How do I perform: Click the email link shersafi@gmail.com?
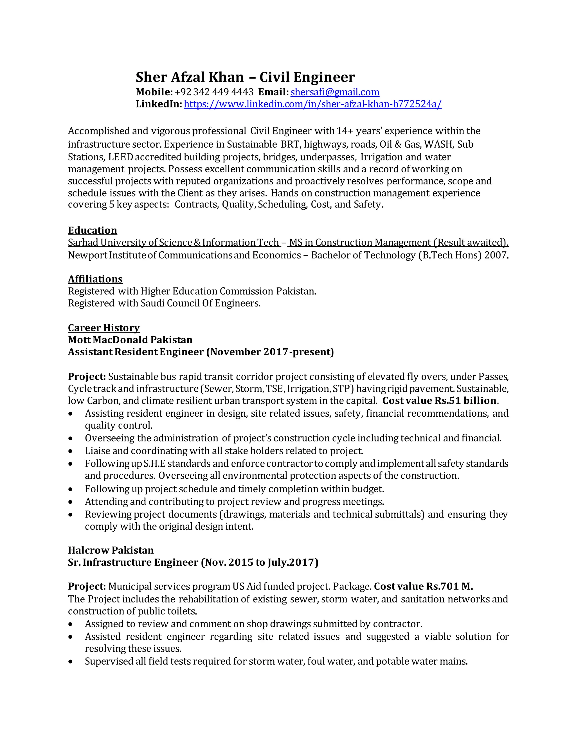(x=335, y=92)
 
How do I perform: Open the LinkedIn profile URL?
(x=312, y=104)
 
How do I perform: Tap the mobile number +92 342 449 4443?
(x=214, y=92)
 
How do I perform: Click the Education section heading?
(x=93, y=230)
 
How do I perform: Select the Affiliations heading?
(x=95, y=279)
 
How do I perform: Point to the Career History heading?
(x=104, y=328)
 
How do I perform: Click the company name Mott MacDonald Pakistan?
(x=130, y=340)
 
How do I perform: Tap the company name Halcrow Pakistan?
(x=111, y=550)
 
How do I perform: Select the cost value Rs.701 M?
(x=449, y=586)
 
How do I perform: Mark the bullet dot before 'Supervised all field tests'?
(x=70, y=662)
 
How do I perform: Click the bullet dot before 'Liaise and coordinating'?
(x=70, y=451)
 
